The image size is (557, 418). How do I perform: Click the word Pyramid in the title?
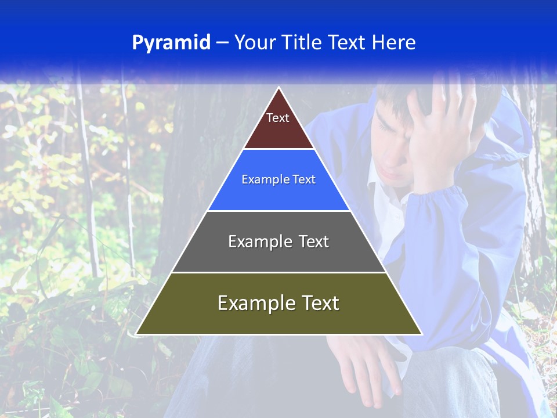point(171,43)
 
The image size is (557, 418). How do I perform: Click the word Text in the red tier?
point(278,118)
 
